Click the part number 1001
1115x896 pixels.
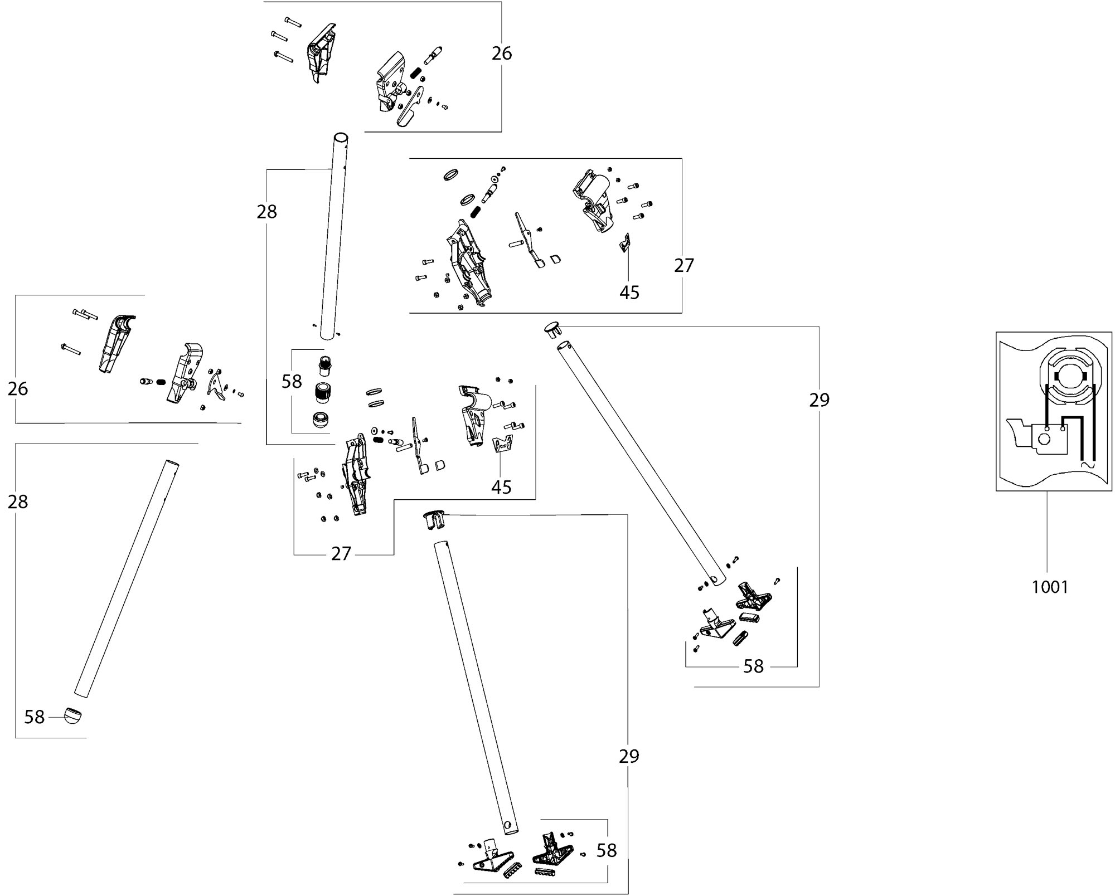click(x=1050, y=587)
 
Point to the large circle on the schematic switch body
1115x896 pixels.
click(x=1044, y=439)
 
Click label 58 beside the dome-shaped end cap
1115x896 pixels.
click(x=34, y=717)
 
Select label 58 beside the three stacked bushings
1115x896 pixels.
click(x=292, y=381)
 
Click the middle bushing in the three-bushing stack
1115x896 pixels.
click(x=321, y=392)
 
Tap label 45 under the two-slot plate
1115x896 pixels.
click(x=501, y=487)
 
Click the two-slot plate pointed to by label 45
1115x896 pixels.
click(x=503, y=445)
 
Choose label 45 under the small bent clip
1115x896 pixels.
click(x=629, y=292)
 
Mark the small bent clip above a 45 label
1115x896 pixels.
click(x=627, y=243)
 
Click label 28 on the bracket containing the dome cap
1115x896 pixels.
click(x=18, y=502)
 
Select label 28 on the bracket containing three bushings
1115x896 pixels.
click(x=266, y=212)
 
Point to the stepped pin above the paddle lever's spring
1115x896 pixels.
click(x=434, y=55)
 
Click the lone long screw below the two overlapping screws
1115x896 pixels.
click(x=71, y=349)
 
